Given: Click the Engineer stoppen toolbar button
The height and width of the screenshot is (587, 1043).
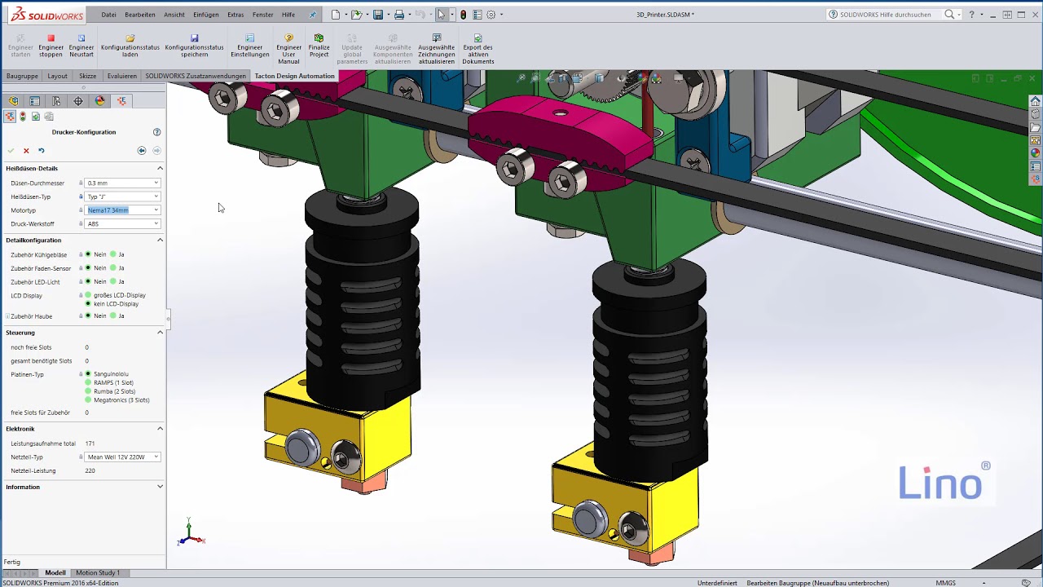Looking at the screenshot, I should point(51,46).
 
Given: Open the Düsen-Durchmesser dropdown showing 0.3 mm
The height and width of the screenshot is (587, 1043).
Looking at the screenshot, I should point(122,183).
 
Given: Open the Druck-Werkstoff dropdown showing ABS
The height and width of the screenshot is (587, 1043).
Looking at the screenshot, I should point(122,223).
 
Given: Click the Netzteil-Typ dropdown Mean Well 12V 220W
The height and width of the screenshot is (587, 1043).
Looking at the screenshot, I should point(122,457).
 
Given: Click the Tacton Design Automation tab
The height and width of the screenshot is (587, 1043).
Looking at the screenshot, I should point(294,76).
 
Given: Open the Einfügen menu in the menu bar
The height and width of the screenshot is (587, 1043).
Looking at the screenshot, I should point(205,15).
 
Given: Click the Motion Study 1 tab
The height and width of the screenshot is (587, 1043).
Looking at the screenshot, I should point(98,572).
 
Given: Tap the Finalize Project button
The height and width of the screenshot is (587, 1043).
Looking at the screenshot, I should point(319,46).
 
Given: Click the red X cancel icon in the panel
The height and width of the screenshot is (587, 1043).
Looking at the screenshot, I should point(26,151).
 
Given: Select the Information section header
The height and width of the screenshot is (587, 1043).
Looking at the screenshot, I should point(23,487).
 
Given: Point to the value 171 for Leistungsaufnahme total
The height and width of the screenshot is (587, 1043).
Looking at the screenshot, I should point(90,444).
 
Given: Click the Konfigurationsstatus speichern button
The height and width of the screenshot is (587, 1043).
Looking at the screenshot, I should point(194,46).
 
